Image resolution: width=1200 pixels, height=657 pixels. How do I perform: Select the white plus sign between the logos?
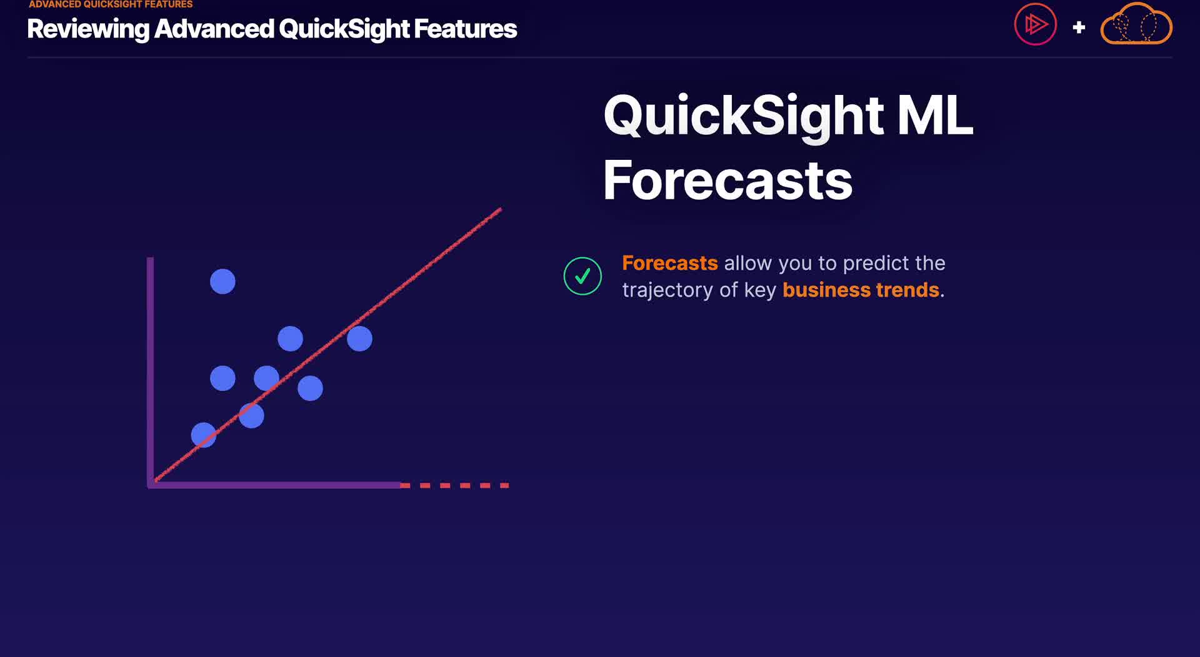[x=1079, y=27]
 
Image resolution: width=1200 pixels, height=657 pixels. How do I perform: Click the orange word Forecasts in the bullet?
[x=670, y=263]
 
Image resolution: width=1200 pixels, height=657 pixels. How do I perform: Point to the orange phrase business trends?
[x=861, y=290]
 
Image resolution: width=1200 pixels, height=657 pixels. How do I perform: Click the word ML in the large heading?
[x=935, y=116]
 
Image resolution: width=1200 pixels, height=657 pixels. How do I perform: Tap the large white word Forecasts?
[x=727, y=180]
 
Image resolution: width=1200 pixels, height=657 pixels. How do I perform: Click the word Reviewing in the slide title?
[x=88, y=29]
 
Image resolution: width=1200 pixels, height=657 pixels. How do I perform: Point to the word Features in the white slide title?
[x=466, y=29]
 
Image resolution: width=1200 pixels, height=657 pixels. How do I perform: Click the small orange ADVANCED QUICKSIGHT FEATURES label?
[x=111, y=4]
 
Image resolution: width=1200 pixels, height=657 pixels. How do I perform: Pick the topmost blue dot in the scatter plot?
[x=222, y=282]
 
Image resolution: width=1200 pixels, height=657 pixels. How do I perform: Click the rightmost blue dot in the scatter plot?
[x=359, y=338]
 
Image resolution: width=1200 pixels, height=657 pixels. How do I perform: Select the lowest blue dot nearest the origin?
[x=204, y=435]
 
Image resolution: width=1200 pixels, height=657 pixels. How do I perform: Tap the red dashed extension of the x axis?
[x=454, y=485]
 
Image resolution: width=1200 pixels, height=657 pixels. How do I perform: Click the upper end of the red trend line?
[x=501, y=209]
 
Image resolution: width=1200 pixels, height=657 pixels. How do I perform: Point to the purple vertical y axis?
[x=150, y=372]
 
